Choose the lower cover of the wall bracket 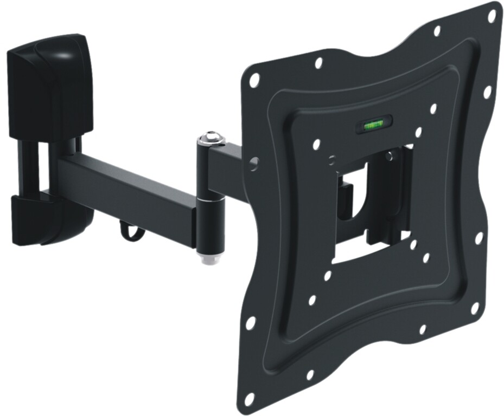pyautogui.click(x=52, y=219)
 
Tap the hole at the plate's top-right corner pyautogui.click(x=492, y=16)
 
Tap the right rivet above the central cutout pyautogui.click(x=388, y=156)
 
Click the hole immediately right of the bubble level pyautogui.click(x=418, y=132)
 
